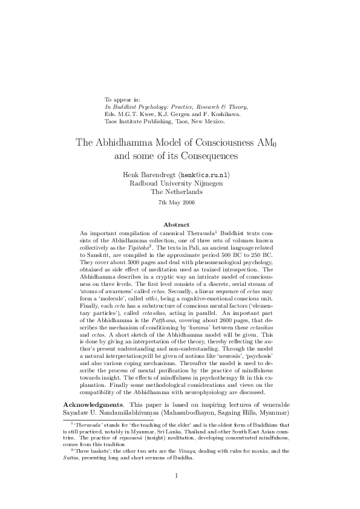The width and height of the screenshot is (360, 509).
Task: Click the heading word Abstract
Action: pyautogui.click(x=179, y=225)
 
